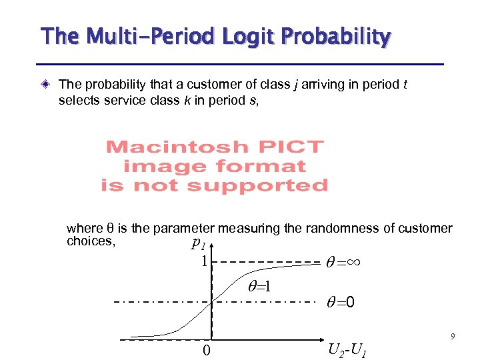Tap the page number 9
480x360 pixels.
click(x=453, y=337)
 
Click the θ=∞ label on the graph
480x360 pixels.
click(x=343, y=262)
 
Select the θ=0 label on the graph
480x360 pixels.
click(x=340, y=303)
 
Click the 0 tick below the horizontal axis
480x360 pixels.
click(x=207, y=350)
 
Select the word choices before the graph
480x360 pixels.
click(x=89, y=241)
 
